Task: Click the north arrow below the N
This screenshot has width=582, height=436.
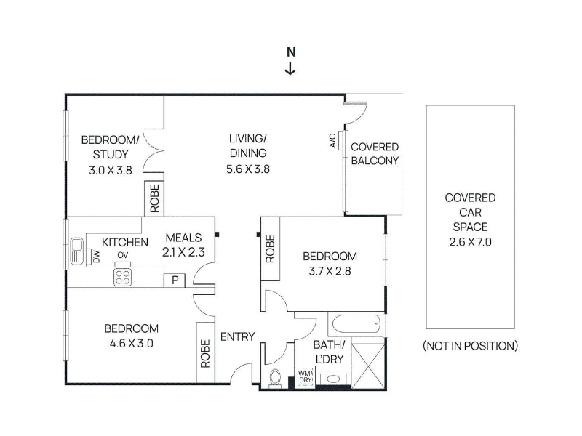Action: [290, 68]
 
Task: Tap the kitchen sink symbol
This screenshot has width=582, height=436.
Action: [77, 251]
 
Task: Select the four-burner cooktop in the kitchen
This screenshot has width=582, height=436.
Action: [122, 277]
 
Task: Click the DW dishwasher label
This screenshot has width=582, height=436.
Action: [96, 257]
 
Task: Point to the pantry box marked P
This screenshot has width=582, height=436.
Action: [175, 280]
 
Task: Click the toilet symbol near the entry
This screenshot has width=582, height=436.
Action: [275, 378]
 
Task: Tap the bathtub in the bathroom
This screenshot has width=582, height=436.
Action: [356, 325]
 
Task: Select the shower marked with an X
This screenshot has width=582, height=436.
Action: [367, 366]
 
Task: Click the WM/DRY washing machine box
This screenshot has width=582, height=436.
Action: [306, 377]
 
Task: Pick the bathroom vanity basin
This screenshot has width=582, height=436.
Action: [332, 379]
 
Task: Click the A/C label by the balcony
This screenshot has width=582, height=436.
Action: [333, 140]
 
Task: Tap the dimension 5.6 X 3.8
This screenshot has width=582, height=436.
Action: [248, 169]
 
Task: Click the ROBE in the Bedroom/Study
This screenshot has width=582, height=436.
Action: [154, 198]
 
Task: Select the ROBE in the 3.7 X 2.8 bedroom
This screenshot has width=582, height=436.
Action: [270, 249]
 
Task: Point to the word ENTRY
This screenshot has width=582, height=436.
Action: [238, 336]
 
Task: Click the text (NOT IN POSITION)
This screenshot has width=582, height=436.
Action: [470, 346]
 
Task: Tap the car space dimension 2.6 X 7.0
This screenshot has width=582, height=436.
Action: [470, 242]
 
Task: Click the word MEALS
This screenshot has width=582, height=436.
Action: [184, 238]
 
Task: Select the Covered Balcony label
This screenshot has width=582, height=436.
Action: [375, 154]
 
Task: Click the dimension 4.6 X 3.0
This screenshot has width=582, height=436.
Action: [132, 344]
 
